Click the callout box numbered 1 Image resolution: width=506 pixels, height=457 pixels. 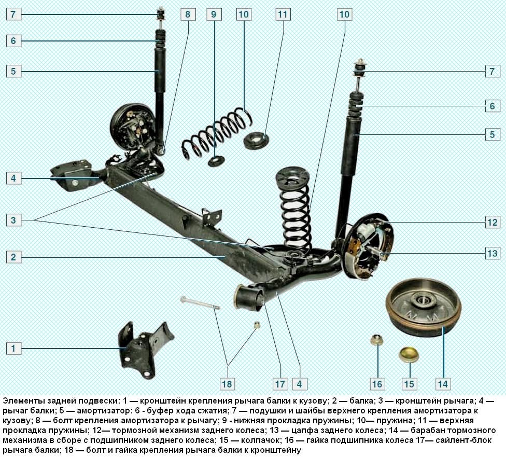pos(14,348)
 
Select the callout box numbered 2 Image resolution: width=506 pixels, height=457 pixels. pos(14,257)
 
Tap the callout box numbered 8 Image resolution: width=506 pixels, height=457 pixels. pos(188,14)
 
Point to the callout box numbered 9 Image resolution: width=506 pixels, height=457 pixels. pos(213,14)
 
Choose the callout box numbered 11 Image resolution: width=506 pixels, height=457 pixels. pos(282,14)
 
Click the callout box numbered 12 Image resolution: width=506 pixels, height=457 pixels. pos(492,223)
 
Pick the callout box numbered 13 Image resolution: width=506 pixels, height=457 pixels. pos(492,253)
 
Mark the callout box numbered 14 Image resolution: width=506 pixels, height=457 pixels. pos(442,384)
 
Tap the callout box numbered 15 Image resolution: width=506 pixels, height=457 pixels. pos(410,384)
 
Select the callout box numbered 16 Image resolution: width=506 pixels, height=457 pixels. pos(377,384)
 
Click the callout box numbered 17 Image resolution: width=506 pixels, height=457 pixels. pos(280,384)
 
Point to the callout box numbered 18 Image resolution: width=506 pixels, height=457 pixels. pos(227,384)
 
